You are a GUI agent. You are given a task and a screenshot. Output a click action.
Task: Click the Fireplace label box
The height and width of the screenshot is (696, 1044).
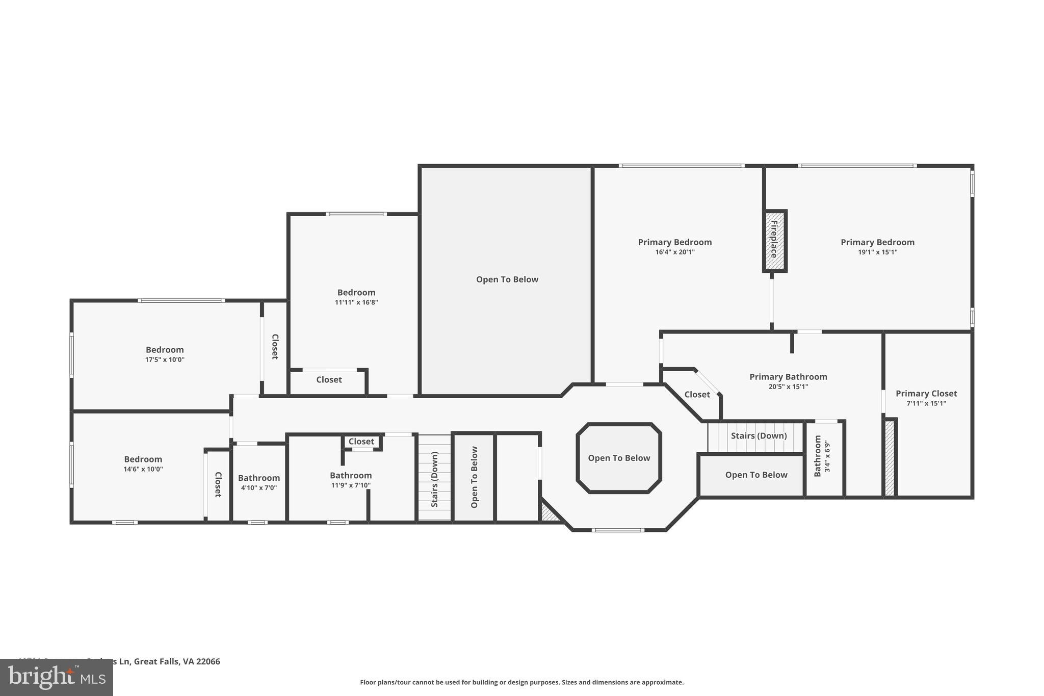(x=774, y=240)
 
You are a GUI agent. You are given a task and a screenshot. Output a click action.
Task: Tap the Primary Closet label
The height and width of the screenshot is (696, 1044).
(x=926, y=394)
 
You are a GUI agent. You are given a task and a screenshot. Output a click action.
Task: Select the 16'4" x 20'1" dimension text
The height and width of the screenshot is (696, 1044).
(x=674, y=252)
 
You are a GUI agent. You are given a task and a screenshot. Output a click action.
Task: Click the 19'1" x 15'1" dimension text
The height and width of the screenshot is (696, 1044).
(x=877, y=252)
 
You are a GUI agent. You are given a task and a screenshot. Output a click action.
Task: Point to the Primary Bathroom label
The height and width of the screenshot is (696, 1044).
(x=788, y=377)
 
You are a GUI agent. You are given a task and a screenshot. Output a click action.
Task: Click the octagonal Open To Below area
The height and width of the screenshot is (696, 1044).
(x=618, y=458)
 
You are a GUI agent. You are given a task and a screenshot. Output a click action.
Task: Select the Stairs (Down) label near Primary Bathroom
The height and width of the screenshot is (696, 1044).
(x=758, y=436)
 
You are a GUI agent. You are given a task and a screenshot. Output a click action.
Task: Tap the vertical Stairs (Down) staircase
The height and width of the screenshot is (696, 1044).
(x=434, y=478)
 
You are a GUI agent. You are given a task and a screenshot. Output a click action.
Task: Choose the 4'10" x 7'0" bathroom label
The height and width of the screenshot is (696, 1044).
(x=258, y=478)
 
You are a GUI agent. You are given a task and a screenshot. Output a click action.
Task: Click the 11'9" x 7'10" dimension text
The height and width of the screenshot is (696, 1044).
(x=351, y=485)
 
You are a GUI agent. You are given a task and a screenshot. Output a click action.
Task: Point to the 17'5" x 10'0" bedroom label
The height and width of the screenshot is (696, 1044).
(x=165, y=350)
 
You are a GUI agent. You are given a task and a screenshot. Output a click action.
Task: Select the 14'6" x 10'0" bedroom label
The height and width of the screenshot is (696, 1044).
(x=143, y=459)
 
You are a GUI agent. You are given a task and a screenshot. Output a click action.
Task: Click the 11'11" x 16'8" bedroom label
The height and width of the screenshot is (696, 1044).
(x=356, y=293)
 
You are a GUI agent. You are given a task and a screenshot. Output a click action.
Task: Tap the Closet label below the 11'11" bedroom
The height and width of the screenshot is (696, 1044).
(x=329, y=380)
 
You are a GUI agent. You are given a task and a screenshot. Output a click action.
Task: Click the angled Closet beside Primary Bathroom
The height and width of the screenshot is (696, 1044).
(x=697, y=395)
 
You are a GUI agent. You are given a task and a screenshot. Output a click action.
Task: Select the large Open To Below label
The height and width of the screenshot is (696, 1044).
(x=507, y=279)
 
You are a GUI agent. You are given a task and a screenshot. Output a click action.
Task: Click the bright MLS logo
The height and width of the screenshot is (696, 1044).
(x=57, y=678)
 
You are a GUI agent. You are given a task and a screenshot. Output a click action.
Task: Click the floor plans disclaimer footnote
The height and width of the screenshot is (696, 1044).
(x=521, y=682)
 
